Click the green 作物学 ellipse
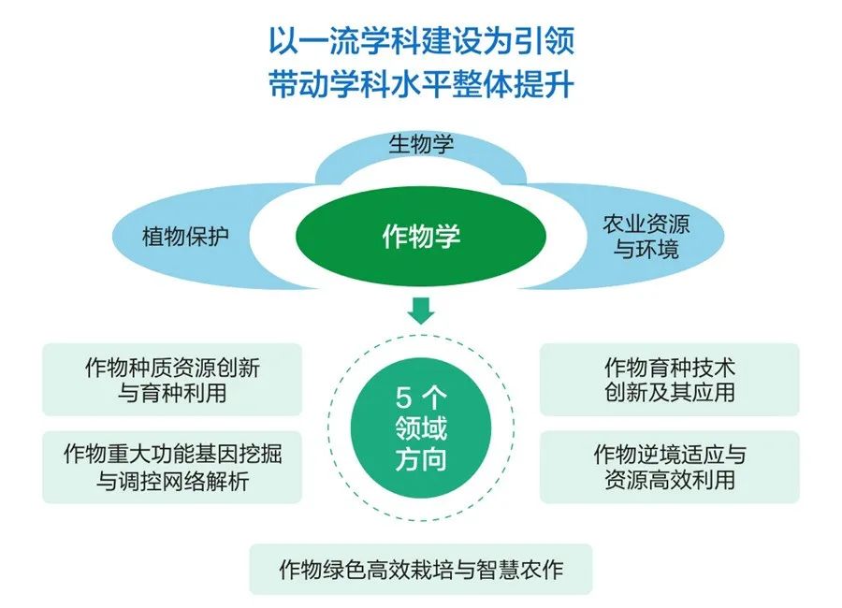pos(421,237)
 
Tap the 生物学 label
pos(421,145)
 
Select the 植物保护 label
pos(185,236)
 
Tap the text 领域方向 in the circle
pos(421,445)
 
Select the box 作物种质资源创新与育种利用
pos(172,379)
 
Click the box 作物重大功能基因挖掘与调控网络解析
pos(172,467)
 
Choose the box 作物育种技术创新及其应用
pos(669,379)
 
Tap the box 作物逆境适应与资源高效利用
pos(669,467)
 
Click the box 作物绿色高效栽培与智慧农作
pos(421,569)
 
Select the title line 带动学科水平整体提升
pos(421,86)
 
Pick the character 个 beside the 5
pos(437,398)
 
